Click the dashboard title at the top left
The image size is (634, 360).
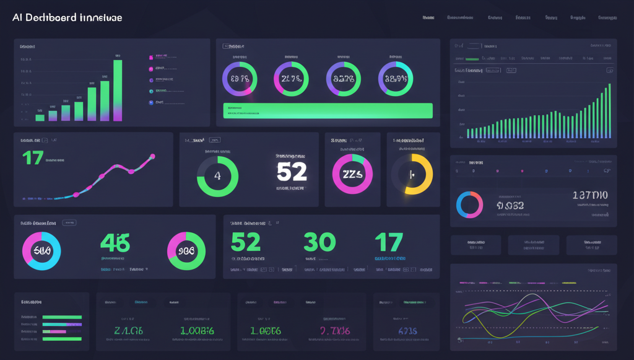[x=67, y=17]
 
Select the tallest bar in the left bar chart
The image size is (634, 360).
[x=118, y=90]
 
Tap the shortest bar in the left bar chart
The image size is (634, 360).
[x=40, y=116]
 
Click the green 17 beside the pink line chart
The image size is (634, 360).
[x=32, y=158]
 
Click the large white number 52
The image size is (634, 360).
[x=291, y=172]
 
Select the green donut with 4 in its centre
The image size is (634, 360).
[x=217, y=176]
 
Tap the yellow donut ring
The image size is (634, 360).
[x=412, y=174]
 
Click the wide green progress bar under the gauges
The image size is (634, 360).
[x=328, y=110]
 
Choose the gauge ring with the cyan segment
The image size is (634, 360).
[x=395, y=79]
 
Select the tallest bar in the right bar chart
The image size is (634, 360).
[x=609, y=110]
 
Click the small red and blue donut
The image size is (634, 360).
[x=469, y=204]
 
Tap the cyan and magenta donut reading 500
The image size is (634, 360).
[x=41, y=251]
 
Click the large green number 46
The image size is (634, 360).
[x=115, y=242]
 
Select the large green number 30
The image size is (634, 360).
[x=319, y=242]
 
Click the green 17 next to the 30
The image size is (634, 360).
[x=389, y=242]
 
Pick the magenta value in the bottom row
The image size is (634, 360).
[x=337, y=331]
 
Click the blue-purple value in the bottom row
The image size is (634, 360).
[x=407, y=331]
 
